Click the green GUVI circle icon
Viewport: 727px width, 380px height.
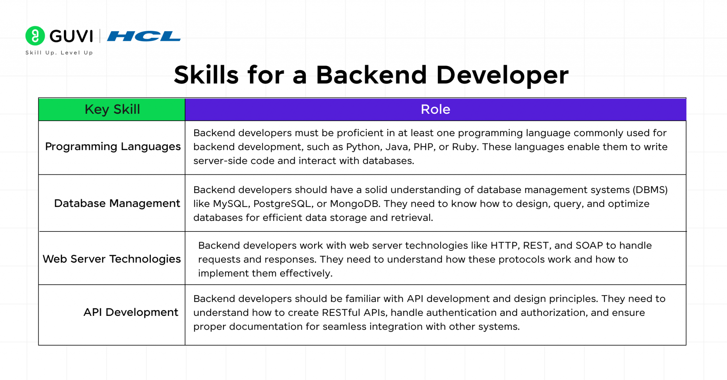(35, 36)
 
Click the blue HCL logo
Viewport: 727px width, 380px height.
(144, 36)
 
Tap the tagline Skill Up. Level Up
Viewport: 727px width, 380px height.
(59, 53)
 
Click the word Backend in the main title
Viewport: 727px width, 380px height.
(371, 75)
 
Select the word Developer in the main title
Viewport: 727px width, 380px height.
(502, 75)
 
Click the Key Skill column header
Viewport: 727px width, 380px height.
(112, 110)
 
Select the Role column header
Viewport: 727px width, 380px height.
(435, 110)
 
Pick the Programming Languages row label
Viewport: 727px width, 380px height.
(113, 146)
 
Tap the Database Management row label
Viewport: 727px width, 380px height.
(117, 203)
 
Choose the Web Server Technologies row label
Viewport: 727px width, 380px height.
(112, 259)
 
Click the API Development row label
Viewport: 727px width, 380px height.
(131, 312)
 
